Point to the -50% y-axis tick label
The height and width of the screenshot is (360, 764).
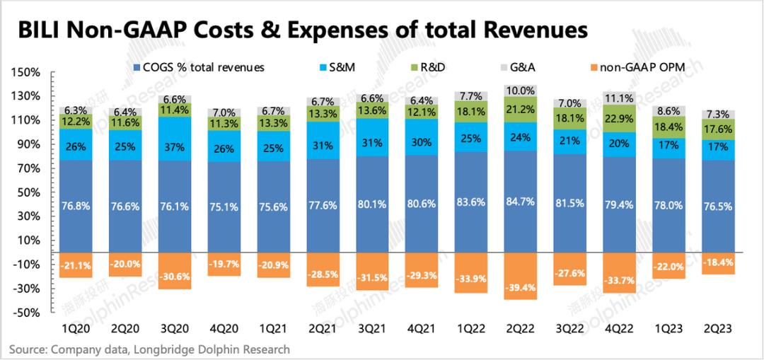[x=27, y=313]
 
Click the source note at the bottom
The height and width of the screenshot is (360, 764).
[x=150, y=349]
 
